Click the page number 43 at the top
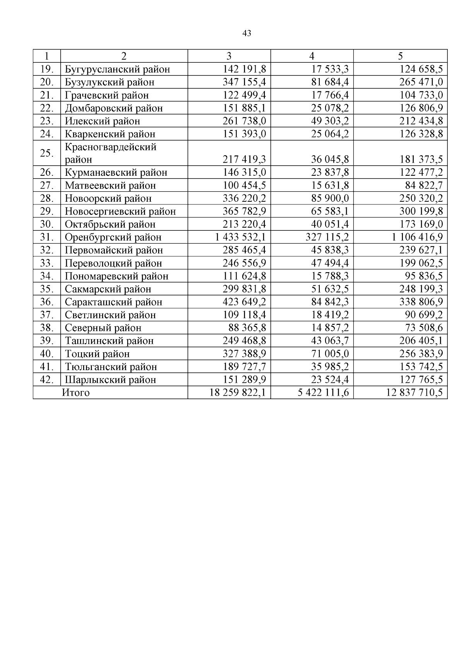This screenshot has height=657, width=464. click(x=247, y=33)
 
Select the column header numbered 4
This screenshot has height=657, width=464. click(x=312, y=56)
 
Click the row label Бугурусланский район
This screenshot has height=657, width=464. click(x=118, y=69)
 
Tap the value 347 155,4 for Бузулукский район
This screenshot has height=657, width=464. click(x=244, y=82)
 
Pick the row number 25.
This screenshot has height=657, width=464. click(x=47, y=153)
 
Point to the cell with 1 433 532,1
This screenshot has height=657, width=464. click(x=240, y=237)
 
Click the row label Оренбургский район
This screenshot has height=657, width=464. click(x=113, y=237)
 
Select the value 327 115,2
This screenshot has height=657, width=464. click(x=327, y=237)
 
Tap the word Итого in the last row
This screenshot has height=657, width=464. click(x=76, y=393)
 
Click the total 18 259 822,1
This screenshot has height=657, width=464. click(x=237, y=393)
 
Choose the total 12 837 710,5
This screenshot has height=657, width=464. click(x=414, y=393)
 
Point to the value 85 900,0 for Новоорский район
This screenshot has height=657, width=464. click(x=330, y=198)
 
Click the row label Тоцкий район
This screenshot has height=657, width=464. click(x=97, y=354)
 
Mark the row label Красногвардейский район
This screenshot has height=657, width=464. click(x=111, y=153)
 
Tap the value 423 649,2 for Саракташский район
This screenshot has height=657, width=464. click(x=244, y=302)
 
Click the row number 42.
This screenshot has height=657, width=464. click(x=47, y=379)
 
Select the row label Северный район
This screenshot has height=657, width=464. click(x=103, y=328)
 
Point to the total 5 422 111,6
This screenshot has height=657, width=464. click(x=323, y=393)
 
